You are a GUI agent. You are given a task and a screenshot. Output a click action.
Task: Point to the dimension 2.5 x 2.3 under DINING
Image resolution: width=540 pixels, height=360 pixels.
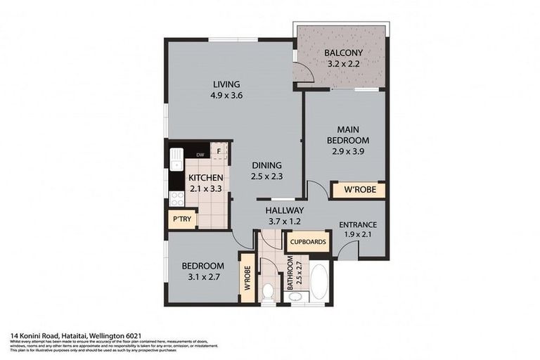pyautogui.click(x=267, y=177)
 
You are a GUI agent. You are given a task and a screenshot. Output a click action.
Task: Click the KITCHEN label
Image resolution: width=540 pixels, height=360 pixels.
pyautogui.click(x=206, y=179)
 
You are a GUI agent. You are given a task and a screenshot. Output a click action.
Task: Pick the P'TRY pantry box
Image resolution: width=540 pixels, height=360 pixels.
pyautogui.click(x=181, y=219)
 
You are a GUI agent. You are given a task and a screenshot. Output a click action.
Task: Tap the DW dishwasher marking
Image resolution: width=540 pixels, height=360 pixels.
pyautogui.click(x=200, y=155)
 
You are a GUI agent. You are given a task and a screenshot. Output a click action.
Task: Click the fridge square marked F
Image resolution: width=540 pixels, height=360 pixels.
pyautogui.click(x=220, y=150)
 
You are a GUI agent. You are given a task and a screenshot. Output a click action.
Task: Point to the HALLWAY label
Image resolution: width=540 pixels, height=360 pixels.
pyautogui.click(x=284, y=210)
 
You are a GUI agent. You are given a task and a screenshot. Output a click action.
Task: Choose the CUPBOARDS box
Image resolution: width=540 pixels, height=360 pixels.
pyautogui.click(x=307, y=242)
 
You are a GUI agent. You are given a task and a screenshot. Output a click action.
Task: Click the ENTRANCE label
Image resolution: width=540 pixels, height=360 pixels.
pyautogui.click(x=357, y=225)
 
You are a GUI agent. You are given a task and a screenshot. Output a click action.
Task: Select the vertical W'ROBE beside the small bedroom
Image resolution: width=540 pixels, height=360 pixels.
pyautogui.click(x=247, y=278)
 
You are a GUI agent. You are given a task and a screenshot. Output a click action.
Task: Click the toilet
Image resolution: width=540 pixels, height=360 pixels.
pyautogui.click(x=269, y=291)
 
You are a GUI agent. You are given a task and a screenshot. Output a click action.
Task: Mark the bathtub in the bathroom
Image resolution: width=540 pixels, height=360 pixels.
pyautogui.click(x=318, y=281)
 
